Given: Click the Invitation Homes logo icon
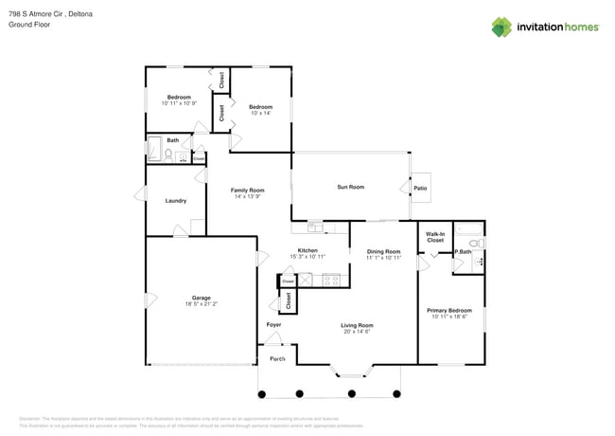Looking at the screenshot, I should (503, 27).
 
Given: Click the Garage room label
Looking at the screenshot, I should (202, 298).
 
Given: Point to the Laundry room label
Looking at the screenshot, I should (175, 200).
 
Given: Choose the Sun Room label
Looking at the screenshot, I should (350, 187).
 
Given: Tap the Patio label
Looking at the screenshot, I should (420, 188).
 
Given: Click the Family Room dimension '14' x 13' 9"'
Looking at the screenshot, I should (247, 197).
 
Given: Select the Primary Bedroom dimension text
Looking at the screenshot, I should (449, 317).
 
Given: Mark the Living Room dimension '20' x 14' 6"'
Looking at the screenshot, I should (358, 331).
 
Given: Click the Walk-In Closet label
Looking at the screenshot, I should (435, 237).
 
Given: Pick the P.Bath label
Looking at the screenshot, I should (463, 251).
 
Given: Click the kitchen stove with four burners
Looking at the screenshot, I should (331, 280).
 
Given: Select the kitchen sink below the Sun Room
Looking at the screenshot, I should (315, 227).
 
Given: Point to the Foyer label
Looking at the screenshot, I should (273, 325).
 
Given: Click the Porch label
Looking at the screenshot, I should (277, 359).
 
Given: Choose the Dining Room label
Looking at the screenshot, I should (383, 251).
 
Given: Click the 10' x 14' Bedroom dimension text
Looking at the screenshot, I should (260, 113).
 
